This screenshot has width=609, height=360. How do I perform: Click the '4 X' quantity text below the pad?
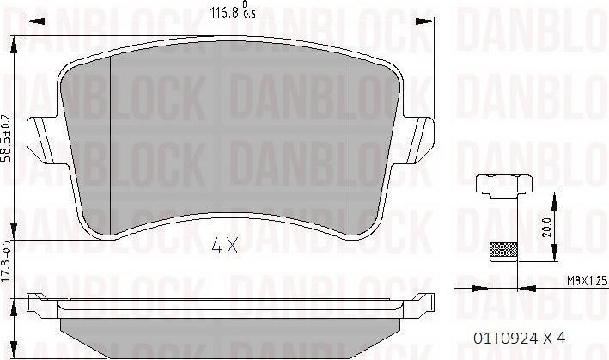(x=224, y=247)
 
